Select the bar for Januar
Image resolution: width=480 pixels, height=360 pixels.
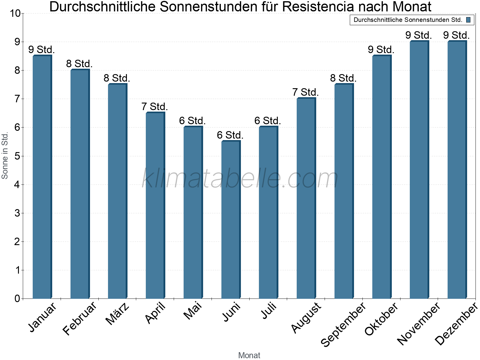[x=42, y=177]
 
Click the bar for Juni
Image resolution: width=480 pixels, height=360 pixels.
[x=231, y=220]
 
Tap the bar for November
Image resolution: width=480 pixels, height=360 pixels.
[x=419, y=170]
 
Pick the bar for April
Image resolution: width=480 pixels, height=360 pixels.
[x=155, y=205]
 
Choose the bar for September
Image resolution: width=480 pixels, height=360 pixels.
[x=344, y=191]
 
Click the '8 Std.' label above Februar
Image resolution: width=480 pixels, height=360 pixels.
[x=79, y=64]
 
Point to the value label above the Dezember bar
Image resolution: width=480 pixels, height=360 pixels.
[x=456, y=35]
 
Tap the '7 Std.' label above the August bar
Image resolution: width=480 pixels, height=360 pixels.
[x=305, y=92]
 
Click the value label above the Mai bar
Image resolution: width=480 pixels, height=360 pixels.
[x=192, y=121]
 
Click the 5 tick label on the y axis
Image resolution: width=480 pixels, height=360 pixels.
[x=17, y=156]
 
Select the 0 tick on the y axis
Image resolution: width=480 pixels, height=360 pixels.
[x=17, y=298]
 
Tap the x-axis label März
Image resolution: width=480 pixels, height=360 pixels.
[x=118, y=313]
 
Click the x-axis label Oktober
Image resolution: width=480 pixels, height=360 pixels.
[x=381, y=319]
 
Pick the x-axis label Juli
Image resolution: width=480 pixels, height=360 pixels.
[x=269, y=311]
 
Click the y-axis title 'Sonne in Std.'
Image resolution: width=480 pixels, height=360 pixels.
[x=5, y=156]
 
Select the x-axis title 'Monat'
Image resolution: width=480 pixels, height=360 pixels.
[x=249, y=355]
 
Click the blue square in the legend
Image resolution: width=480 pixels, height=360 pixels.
[x=468, y=20]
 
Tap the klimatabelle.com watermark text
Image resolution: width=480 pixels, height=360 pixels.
[x=240, y=178]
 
